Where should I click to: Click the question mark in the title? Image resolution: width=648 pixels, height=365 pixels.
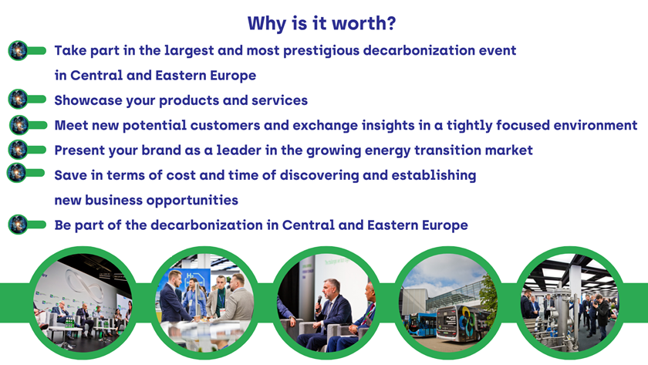point(390,23)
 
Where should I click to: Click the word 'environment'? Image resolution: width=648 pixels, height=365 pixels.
point(595,125)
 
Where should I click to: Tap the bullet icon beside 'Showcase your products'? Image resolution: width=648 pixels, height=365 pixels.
point(27,100)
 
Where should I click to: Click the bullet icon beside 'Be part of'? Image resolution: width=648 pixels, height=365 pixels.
point(27,225)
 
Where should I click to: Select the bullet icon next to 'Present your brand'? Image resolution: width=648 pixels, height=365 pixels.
point(27,149)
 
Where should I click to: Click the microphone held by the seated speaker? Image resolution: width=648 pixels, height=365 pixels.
point(319,303)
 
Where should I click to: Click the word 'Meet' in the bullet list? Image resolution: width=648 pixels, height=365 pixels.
point(71,125)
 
